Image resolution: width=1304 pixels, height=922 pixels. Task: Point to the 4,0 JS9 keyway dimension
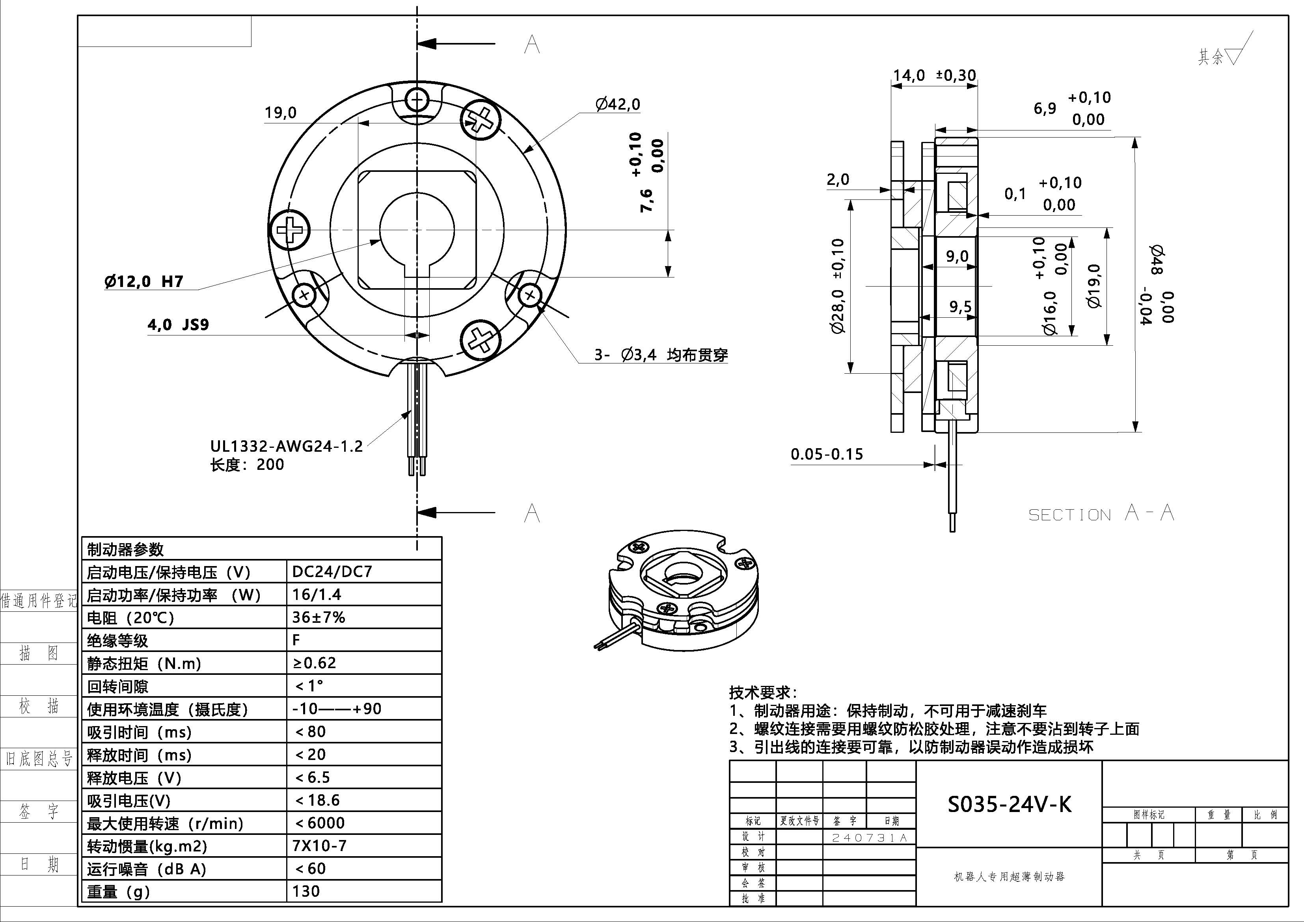pyautogui.click(x=178, y=325)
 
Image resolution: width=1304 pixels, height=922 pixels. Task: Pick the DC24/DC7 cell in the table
pyautogui.click(x=332, y=572)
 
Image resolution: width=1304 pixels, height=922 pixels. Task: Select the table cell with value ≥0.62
pyautogui.click(x=315, y=663)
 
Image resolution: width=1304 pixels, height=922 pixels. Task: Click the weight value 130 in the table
pyautogui.click(x=306, y=891)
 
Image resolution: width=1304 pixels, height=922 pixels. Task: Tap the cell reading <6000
pyautogui.click(x=320, y=823)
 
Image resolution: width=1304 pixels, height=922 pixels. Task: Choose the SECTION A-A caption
pyautogui.click(x=1101, y=514)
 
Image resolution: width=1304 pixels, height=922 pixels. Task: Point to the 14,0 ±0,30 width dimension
pyautogui.click(x=934, y=76)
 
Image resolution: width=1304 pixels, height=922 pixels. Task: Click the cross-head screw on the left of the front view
pyautogui.click(x=290, y=231)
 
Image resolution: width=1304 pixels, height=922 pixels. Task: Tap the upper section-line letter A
pyautogui.click(x=532, y=44)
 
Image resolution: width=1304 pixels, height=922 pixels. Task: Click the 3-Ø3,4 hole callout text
pyautogui.click(x=661, y=355)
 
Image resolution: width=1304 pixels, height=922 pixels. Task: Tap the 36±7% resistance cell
pyautogui.click(x=319, y=618)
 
